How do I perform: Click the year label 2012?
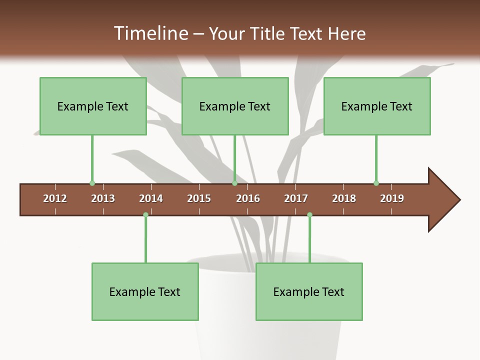point(55,198)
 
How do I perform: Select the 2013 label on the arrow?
point(103,198)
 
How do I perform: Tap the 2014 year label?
point(151,198)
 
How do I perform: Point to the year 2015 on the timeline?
point(199,198)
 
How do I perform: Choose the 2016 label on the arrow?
point(248,198)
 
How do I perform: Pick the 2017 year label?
point(296,198)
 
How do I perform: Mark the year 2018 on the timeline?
point(344,198)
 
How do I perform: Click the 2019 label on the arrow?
point(392,198)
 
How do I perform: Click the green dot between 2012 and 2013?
point(92,183)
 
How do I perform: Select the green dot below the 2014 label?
point(145,214)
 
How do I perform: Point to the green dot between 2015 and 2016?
point(234,183)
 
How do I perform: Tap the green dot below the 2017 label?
point(309,214)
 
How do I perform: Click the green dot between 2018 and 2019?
point(376,183)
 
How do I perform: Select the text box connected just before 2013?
point(93,106)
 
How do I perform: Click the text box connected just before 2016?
point(235,106)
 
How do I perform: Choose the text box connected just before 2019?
point(377,106)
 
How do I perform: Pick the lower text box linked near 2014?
point(145,291)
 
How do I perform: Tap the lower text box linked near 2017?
point(309,291)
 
